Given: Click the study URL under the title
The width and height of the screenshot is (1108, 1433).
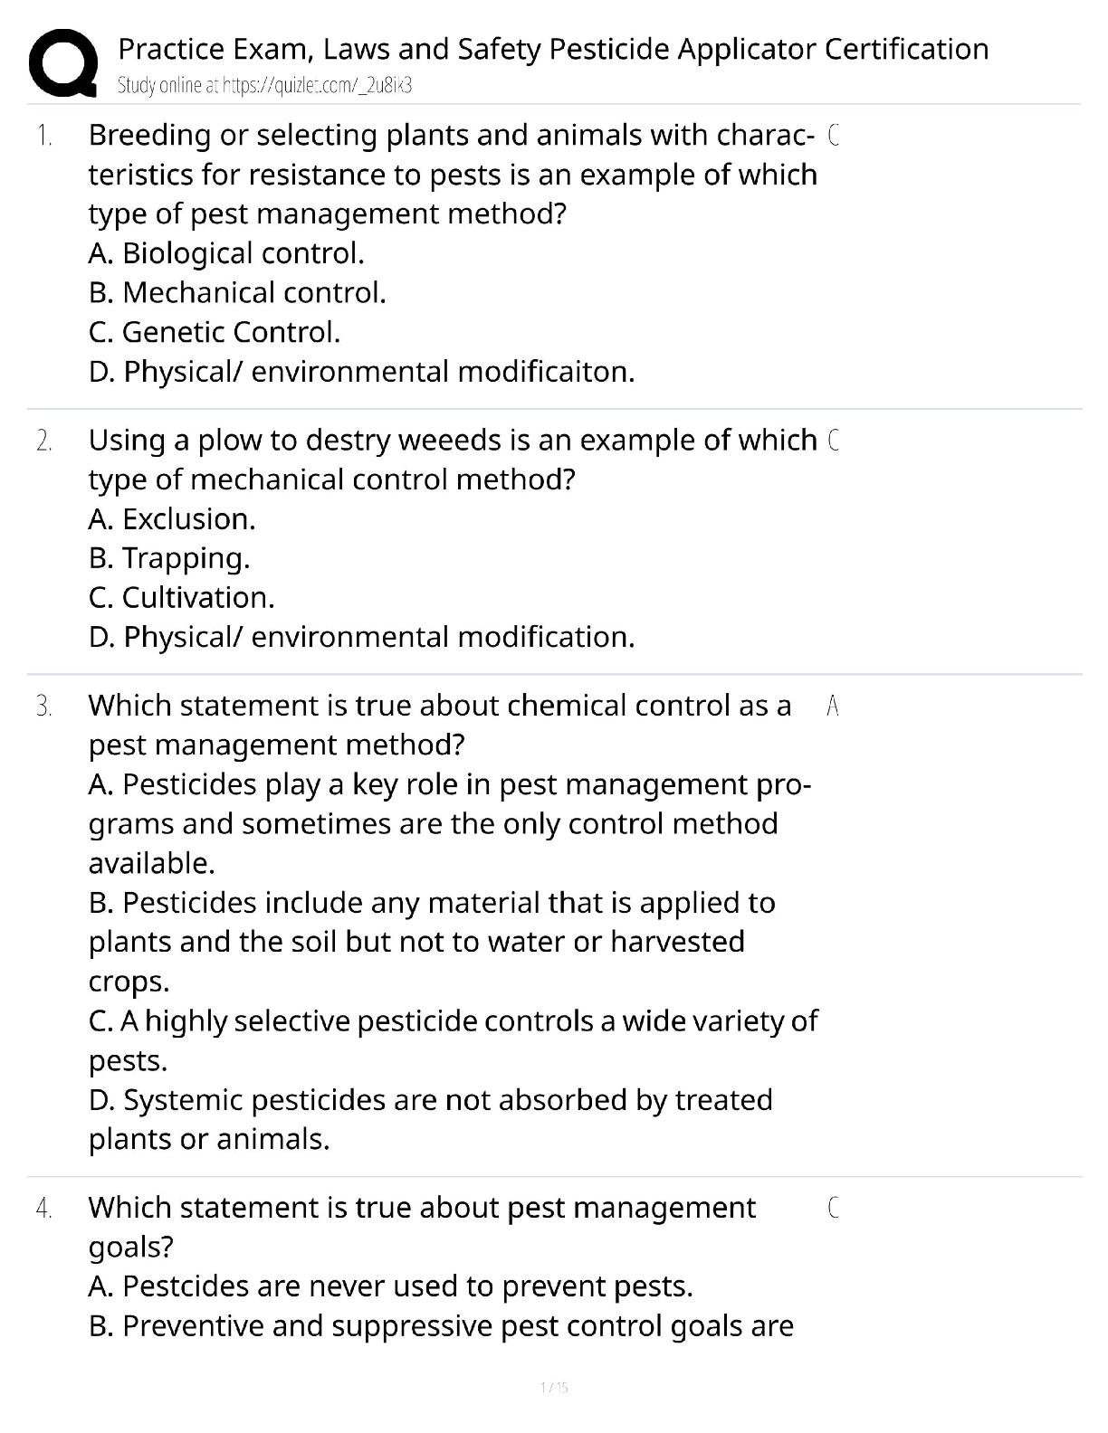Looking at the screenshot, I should (265, 86).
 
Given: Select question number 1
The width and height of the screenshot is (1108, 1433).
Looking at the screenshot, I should (44, 136).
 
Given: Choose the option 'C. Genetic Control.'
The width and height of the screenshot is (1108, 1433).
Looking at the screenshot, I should (215, 332).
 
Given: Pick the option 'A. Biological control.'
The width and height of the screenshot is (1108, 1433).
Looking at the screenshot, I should (226, 253).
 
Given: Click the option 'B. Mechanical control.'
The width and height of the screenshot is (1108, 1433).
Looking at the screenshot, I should (237, 293).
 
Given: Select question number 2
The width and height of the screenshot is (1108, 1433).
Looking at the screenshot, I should (44, 441).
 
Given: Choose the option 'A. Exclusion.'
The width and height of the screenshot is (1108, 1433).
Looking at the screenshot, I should (172, 519).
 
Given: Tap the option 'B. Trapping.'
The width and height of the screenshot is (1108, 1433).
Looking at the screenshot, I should (169, 558).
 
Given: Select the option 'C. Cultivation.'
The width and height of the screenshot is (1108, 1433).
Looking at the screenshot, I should (181, 598).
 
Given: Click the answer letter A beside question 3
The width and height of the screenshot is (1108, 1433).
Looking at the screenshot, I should (833, 707).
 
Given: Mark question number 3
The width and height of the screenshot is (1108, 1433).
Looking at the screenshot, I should (44, 707).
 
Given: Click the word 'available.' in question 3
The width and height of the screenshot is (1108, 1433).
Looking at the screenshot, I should (151, 863).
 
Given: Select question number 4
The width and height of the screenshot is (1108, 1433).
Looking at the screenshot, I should (44, 1209).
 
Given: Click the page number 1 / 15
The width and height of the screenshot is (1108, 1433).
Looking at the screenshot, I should (553, 1388).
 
